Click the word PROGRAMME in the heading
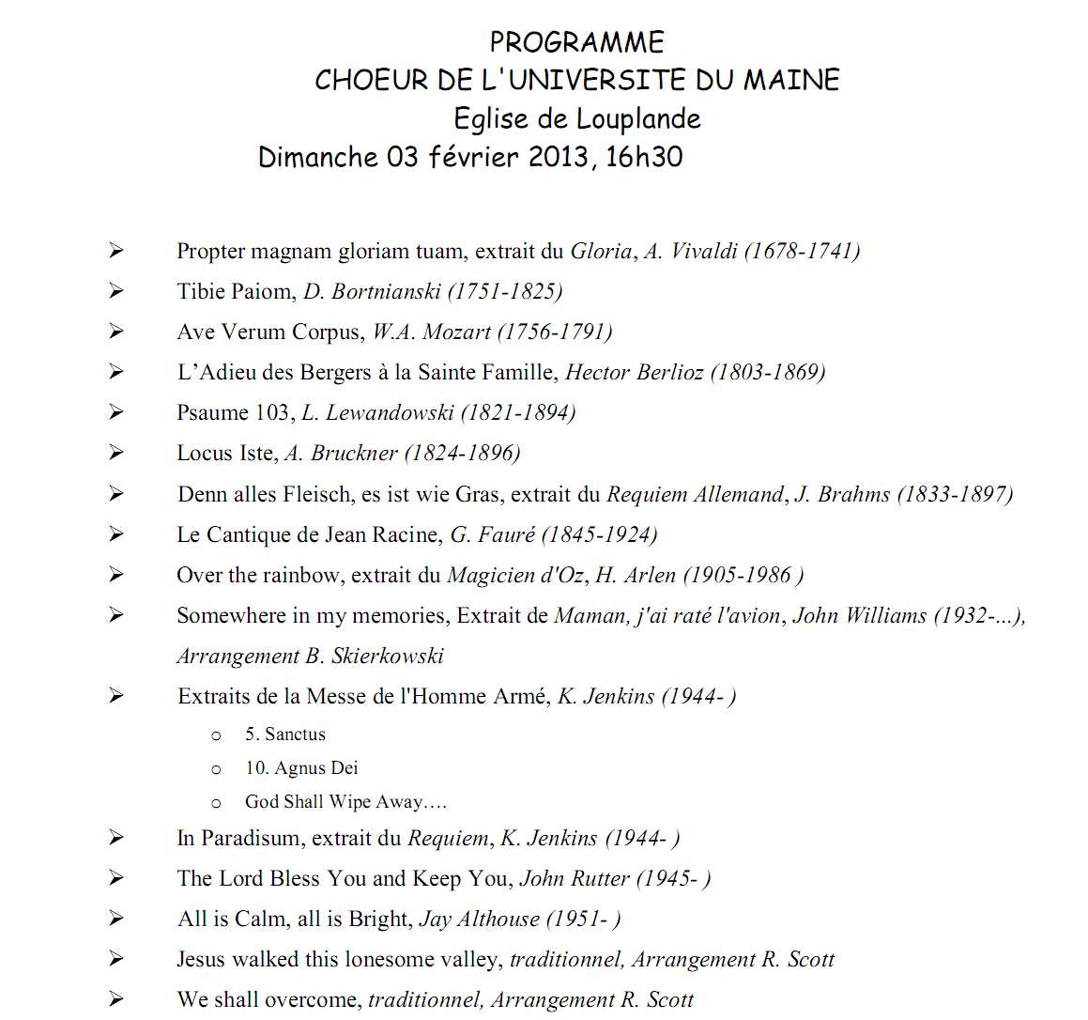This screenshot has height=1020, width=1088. tap(576, 42)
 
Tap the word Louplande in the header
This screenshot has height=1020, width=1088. tap(638, 119)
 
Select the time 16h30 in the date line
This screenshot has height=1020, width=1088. tap(644, 157)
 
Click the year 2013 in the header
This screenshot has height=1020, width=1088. tap(559, 157)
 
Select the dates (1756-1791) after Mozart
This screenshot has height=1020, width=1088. tap(555, 332)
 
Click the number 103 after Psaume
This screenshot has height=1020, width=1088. tap(273, 412)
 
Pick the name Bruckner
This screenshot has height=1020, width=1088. tap(354, 453)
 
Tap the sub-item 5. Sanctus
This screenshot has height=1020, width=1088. tap(285, 734)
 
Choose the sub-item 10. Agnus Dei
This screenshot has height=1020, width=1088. tap(301, 768)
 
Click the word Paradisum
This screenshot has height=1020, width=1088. tap(252, 838)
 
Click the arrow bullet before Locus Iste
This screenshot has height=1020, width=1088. tap(115, 453)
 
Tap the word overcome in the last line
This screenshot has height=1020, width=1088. tap(315, 999)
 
